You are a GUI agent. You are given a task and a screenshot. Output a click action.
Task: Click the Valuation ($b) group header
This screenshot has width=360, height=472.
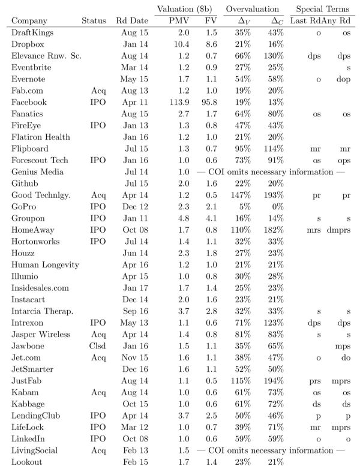[184, 9]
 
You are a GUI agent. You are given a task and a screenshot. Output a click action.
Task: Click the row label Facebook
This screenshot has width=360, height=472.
[29, 102]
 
